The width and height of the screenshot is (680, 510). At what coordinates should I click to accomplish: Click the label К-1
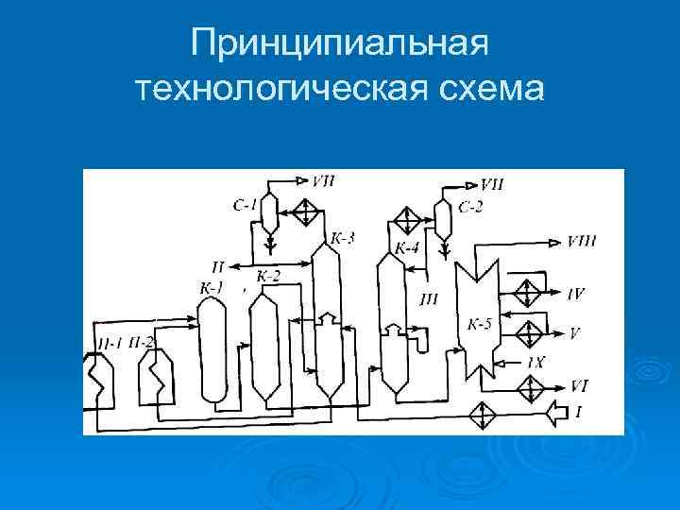point(212,286)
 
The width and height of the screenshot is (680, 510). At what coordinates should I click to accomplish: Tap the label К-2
point(268,276)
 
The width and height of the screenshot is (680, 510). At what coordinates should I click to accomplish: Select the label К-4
point(407,249)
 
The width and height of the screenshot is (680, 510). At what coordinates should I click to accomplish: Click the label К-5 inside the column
point(480,325)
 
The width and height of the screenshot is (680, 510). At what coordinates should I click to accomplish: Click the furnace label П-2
point(142,342)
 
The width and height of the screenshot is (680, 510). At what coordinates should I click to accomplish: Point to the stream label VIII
point(582,242)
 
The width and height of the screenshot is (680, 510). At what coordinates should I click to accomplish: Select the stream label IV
point(577,294)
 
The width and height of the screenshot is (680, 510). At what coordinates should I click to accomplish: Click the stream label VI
point(579,384)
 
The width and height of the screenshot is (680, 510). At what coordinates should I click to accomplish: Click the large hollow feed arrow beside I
point(559,412)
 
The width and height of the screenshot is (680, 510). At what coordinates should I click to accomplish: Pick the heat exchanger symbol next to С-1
point(306,212)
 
